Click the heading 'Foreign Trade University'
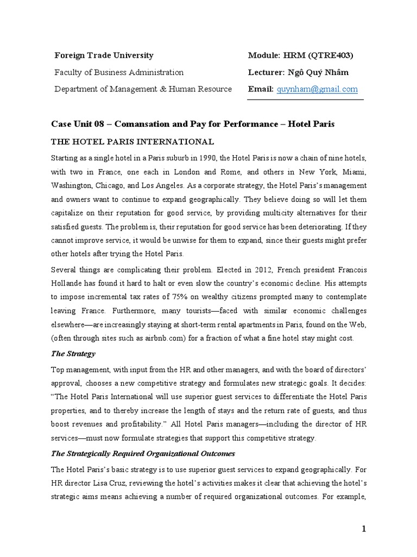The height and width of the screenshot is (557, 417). point(104,55)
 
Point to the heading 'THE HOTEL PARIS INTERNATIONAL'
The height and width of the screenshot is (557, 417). point(132,141)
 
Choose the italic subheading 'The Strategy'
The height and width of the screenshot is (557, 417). point(73,354)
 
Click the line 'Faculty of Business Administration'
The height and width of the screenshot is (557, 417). point(119,72)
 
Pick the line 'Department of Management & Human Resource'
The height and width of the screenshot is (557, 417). point(143,89)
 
